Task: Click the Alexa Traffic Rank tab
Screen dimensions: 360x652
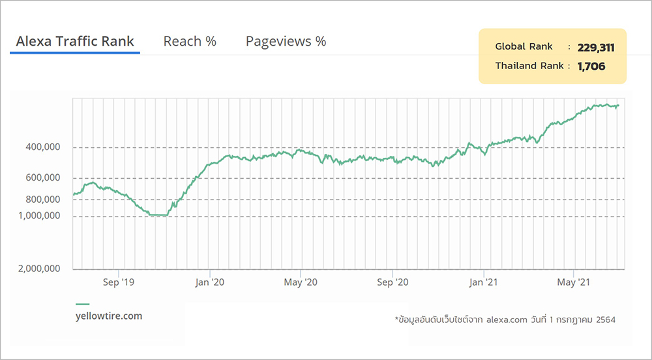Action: [74, 41]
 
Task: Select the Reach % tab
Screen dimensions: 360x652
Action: [190, 41]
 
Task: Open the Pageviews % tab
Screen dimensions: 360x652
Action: [286, 41]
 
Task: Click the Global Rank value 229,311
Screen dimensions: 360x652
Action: [596, 47]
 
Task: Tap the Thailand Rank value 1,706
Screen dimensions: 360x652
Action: [591, 66]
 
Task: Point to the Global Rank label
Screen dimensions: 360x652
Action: [524, 46]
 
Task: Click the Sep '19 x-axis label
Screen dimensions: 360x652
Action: [119, 282]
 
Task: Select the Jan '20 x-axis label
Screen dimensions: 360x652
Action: [210, 282]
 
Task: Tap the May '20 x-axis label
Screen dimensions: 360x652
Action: [301, 282]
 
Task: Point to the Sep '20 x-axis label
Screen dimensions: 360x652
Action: [393, 282]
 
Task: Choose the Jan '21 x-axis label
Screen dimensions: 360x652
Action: [484, 282]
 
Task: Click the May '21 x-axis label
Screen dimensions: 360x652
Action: [574, 282]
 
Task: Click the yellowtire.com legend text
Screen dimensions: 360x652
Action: [109, 316]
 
